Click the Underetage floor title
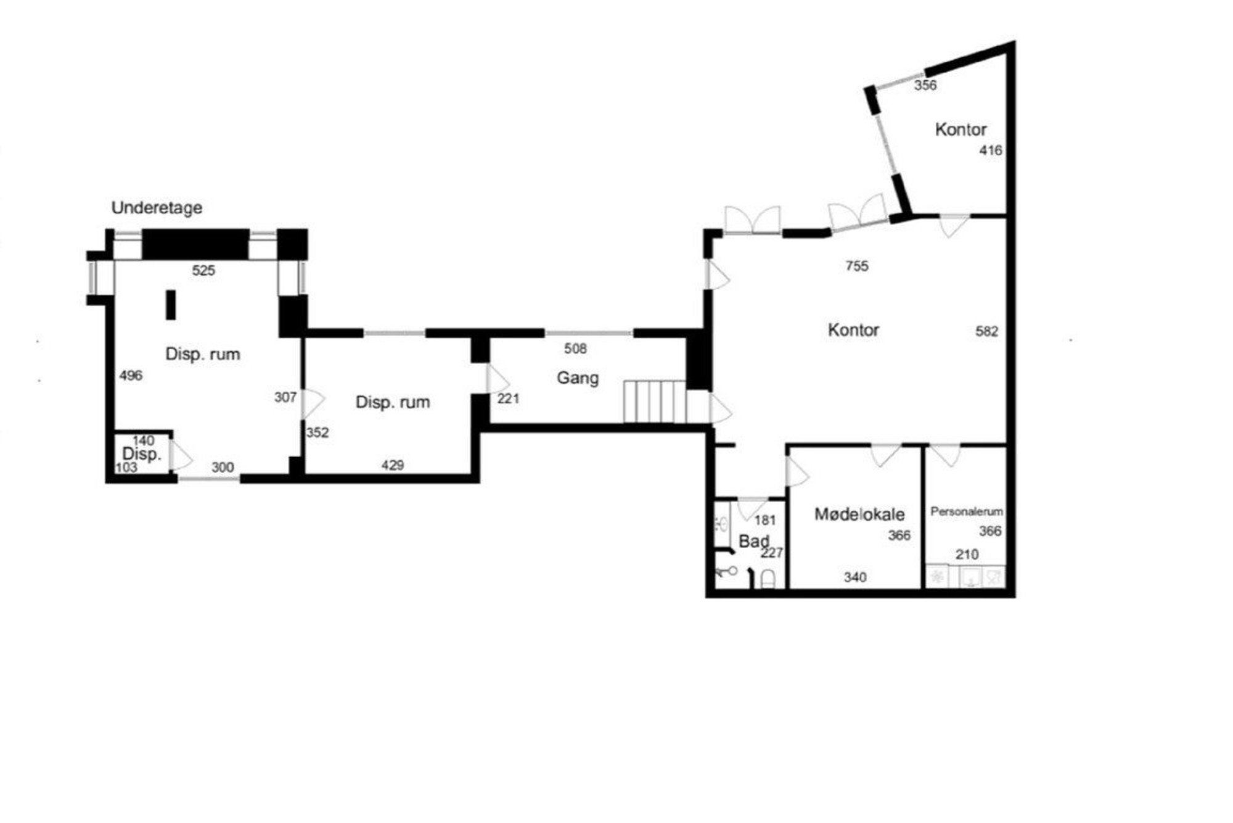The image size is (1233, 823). (157, 209)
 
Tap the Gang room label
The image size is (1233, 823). (578, 378)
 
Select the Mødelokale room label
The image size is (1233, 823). (859, 514)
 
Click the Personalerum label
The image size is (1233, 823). (966, 511)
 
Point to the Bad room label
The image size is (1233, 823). (754, 542)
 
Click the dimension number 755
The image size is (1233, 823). (857, 266)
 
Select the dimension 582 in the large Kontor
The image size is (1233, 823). (986, 331)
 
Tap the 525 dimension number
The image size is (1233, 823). (203, 270)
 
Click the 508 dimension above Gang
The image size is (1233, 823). (575, 349)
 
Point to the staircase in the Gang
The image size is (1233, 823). (655, 402)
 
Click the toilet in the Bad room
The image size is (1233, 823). (768, 579)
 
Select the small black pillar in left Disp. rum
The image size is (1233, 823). (171, 305)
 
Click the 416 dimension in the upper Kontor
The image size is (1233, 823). (991, 150)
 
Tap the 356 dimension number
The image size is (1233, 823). (925, 86)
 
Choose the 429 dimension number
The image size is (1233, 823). (392, 465)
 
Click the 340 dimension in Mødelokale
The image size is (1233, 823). (855, 577)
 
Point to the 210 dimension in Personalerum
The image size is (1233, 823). (967, 555)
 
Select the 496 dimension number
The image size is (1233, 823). (131, 375)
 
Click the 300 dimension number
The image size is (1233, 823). (223, 468)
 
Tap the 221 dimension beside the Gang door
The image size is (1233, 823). (508, 399)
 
